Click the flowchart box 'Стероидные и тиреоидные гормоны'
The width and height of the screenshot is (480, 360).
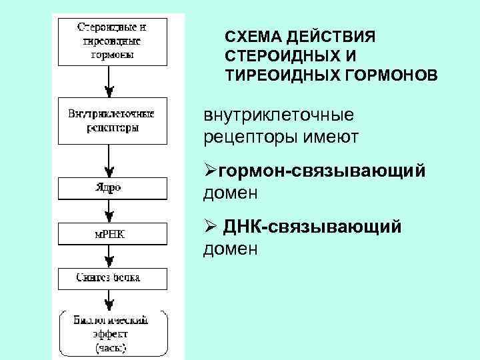click(111, 41)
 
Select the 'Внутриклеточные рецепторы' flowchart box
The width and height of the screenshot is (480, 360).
click(111, 121)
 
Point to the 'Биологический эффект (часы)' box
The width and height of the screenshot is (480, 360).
click(111, 333)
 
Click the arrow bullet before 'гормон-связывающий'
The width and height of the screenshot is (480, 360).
click(210, 173)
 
